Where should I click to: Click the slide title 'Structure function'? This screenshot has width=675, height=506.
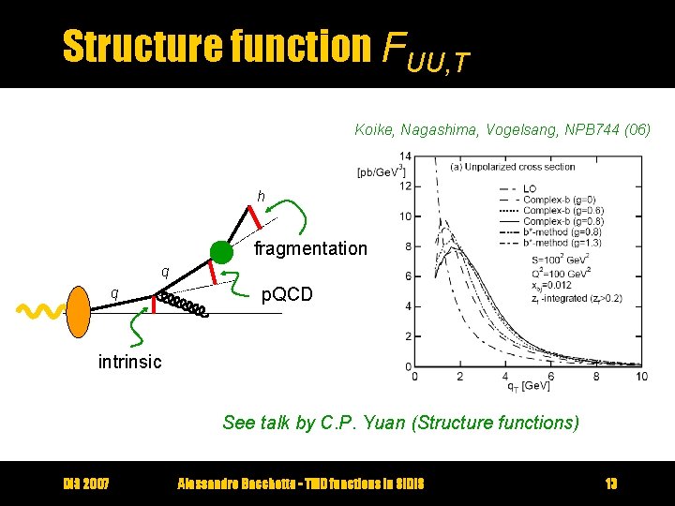217,46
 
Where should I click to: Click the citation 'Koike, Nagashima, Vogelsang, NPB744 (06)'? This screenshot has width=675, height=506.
502,129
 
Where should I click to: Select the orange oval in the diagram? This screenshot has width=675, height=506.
78,308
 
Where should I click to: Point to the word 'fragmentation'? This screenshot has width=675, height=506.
310,248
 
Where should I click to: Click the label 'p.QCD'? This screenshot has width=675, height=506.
288,294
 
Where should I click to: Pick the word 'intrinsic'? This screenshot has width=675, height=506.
129,362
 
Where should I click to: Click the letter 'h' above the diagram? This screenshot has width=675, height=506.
262,196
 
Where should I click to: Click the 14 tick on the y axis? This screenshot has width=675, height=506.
405,156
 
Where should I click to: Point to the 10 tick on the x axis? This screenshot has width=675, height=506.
640,377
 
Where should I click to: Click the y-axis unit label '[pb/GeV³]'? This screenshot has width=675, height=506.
381,171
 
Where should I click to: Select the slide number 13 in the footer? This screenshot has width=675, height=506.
610,484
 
